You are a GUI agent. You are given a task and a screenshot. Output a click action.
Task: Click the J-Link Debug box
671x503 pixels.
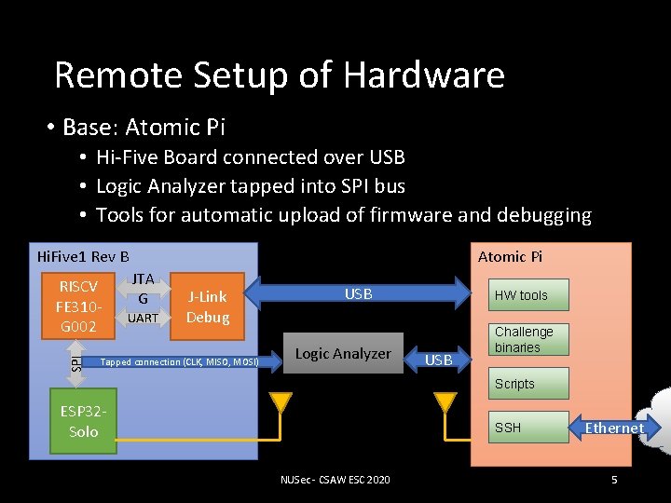click(x=207, y=306)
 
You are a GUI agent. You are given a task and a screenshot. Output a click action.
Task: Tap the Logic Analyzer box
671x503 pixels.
click(x=342, y=353)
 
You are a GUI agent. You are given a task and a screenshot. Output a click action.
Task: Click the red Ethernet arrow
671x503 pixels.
click(x=611, y=428)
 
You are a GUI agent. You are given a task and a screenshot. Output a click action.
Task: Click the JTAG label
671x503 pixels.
click(x=143, y=289)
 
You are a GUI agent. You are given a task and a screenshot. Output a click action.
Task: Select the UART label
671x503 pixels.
click(x=143, y=318)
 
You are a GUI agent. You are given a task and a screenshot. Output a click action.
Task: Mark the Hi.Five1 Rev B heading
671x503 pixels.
click(x=82, y=256)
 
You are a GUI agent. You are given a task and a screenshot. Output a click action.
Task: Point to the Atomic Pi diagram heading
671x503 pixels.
click(x=510, y=256)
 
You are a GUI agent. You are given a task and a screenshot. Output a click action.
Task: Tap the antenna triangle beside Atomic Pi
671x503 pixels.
click(x=445, y=402)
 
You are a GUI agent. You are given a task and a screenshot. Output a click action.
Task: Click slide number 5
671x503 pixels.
click(x=614, y=480)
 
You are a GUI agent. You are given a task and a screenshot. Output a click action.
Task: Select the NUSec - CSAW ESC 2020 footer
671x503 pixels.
click(x=335, y=480)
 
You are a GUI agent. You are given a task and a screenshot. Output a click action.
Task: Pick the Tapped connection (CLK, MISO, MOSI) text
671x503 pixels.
click(x=179, y=361)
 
